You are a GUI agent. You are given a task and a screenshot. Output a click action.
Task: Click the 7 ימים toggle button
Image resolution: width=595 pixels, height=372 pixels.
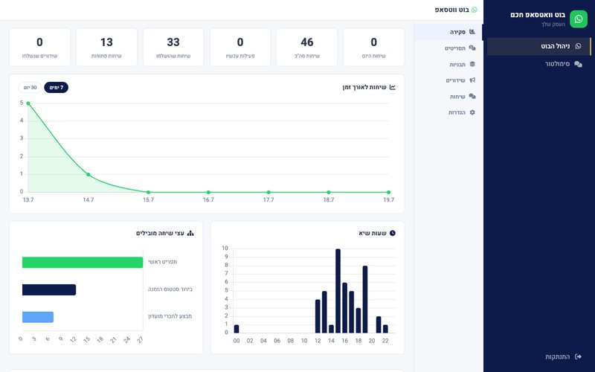(x=57, y=88)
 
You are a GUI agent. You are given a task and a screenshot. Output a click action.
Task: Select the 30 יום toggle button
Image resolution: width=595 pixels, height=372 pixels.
(x=30, y=88)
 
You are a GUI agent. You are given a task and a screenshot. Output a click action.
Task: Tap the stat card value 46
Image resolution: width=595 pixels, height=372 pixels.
(x=307, y=42)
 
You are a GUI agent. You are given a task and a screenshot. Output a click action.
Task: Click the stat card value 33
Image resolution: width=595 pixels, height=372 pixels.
(x=173, y=42)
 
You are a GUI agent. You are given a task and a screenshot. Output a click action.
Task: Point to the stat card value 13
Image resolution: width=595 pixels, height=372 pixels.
(x=106, y=42)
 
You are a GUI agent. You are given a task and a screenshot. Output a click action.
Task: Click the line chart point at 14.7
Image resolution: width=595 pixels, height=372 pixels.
(x=88, y=175)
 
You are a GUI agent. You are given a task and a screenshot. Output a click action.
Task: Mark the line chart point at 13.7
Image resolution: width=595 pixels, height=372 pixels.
(x=28, y=103)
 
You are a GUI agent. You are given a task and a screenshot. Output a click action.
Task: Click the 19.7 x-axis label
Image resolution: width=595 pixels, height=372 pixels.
(x=388, y=199)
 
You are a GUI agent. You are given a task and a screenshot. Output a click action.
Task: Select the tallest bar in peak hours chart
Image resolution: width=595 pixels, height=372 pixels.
(x=338, y=291)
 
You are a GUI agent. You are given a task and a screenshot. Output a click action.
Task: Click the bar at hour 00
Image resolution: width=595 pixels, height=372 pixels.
(x=237, y=329)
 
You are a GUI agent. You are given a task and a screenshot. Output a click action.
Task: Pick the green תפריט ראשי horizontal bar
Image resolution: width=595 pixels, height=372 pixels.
(x=83, y=263)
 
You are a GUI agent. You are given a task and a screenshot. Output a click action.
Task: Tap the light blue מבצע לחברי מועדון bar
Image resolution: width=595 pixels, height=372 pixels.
(x=38, y=317)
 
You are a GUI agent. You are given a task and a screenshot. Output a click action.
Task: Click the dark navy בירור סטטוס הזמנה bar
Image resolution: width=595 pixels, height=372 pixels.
(x=49, y=289)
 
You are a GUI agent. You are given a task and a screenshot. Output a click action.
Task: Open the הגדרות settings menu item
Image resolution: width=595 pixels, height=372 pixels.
(x=461, y=112)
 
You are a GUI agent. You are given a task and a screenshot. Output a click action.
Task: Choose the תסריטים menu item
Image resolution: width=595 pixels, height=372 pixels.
(x=460, y=48)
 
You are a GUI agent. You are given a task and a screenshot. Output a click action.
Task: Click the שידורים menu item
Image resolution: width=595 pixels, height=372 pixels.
(x=460, y=80)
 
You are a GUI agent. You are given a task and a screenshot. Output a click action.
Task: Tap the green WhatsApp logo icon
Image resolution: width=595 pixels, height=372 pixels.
(x=579, y=19)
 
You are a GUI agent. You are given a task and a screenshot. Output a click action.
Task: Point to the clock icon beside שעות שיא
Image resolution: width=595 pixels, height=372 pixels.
(x=393, y=233)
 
